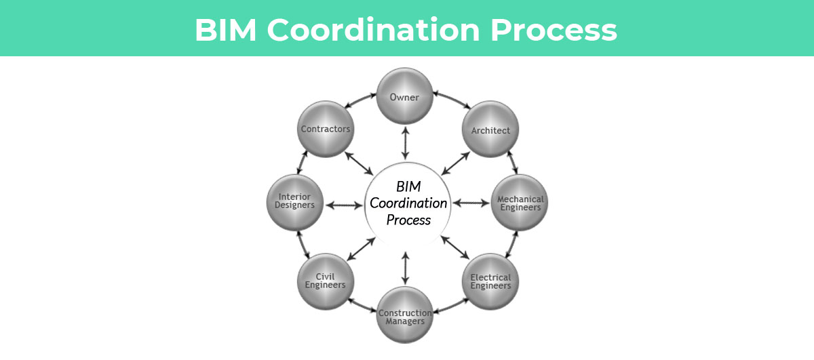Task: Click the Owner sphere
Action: [405, 97]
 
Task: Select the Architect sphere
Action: [490, 129]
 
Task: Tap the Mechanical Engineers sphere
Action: [520, 203]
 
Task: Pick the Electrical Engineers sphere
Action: [490, 281]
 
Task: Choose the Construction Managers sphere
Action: [405, 316]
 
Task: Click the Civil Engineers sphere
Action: [325, 281]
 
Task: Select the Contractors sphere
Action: [325, 128]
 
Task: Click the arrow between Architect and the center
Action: [456, 163]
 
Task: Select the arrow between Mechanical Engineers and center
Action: [471, 202]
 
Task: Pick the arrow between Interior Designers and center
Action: [345, 203]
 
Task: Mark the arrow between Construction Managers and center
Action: [406, 267]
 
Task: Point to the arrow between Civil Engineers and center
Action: [360, 248]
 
